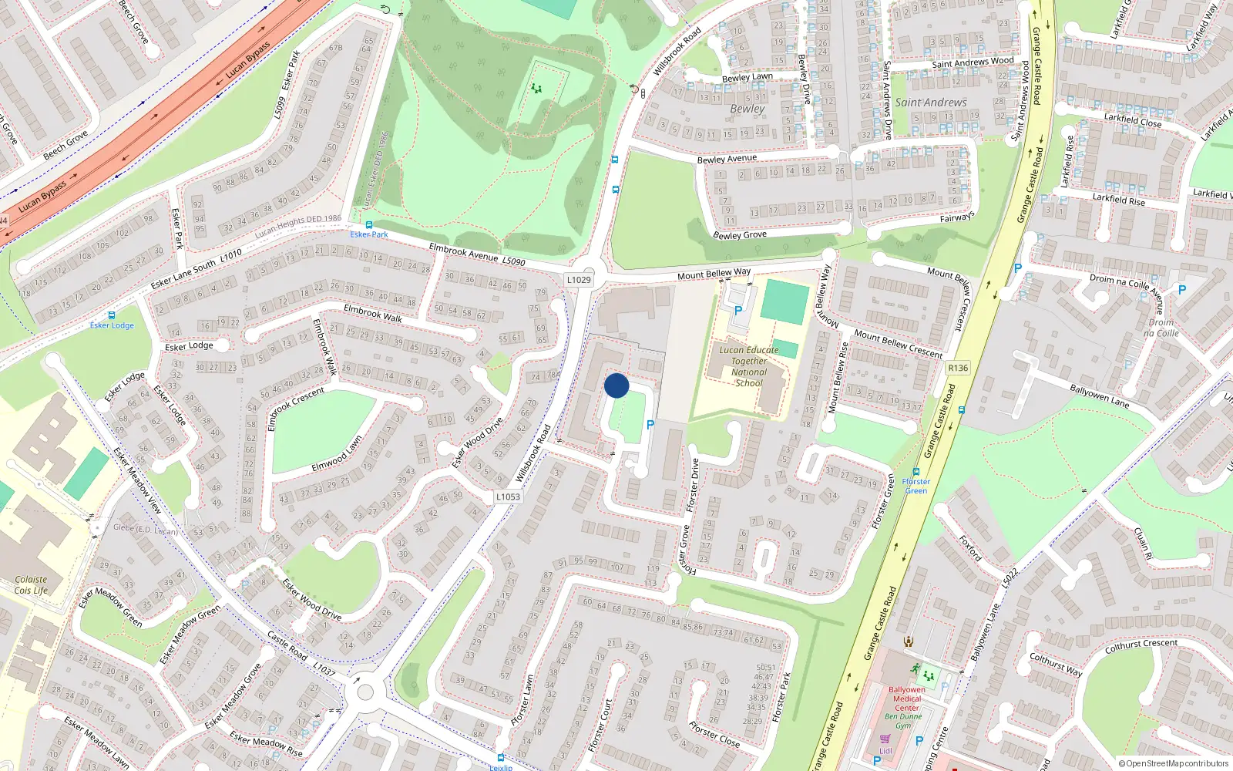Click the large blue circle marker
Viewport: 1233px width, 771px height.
click(616, 385)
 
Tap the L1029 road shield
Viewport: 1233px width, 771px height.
click(579, 280)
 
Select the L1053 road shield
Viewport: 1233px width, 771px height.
click(508, 497)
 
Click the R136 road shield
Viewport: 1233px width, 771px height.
click(958, 368)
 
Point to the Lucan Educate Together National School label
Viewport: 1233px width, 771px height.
click(748, 366)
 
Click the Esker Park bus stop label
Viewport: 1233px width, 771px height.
click(369, 234)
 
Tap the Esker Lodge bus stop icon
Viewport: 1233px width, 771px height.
click(112, 315)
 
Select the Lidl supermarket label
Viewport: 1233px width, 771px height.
click(885, 751)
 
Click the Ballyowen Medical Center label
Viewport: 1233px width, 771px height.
click(907, 699)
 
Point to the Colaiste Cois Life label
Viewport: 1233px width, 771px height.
click(31, 585)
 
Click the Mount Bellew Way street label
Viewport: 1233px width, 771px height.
click(714, 274)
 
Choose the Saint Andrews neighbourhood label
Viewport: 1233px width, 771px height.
click(930, 103)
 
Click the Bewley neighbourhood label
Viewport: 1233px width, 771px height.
click(748, 109)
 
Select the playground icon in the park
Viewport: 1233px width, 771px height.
click(536, 89)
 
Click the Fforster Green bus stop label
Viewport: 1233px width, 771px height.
click(916, 486)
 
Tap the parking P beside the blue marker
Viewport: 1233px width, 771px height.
click(650, 425)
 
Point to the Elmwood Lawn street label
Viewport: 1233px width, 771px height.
click(337, 455)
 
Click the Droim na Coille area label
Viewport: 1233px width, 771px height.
click(1161, 328)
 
